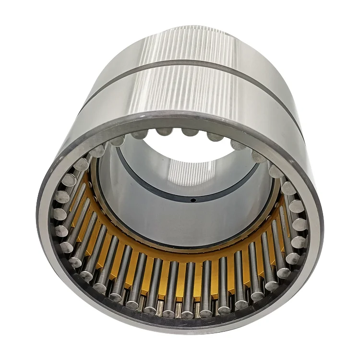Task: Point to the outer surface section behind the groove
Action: (192, 43)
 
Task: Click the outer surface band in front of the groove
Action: (192, 96)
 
